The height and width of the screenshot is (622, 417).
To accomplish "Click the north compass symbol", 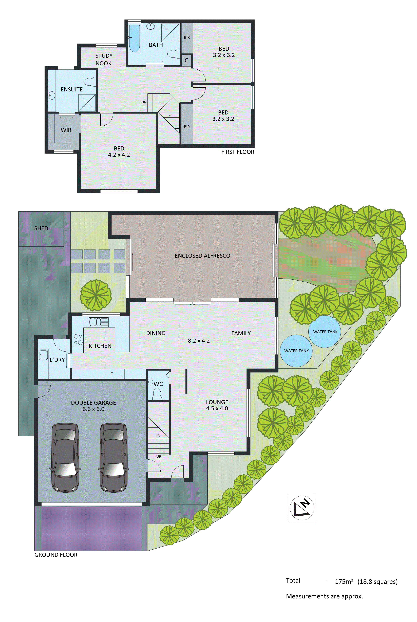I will pos(302,508).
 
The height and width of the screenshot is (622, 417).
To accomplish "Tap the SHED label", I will pos(41,228).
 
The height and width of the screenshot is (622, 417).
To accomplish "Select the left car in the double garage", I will pos(65,457).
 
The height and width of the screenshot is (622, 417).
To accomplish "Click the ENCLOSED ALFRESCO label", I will pos(202,256).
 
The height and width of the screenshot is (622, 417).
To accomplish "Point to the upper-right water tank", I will pos(325,332).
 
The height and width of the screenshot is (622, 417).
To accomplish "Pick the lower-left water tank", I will pos(296,351).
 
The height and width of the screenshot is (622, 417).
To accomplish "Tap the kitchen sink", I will pos(98,322).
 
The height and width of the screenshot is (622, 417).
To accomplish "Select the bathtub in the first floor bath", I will pos(134,38).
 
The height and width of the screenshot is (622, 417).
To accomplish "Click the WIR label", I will pos(66,130).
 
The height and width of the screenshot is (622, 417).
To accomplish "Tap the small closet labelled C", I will pos(186,60).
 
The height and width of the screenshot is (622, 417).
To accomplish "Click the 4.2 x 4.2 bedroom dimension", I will pos(119,155).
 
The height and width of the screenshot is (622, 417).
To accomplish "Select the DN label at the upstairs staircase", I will pos(144,102).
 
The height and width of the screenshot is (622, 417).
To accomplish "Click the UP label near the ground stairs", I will pos(159,456).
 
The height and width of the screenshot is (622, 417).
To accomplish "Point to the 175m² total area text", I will pos(344,582).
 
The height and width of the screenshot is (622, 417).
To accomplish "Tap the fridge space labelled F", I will pos(111,374).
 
